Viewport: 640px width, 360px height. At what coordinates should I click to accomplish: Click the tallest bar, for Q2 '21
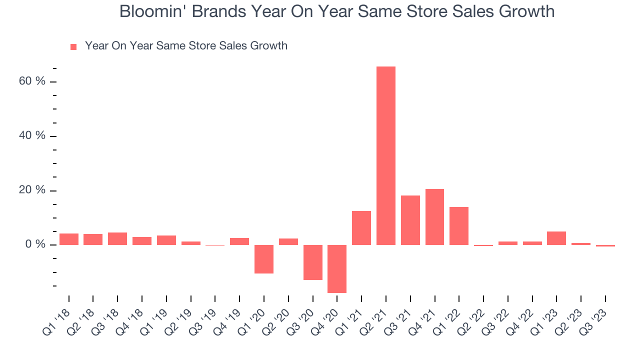coord(386,155)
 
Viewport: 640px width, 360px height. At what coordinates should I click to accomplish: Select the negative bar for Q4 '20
coord(337,268)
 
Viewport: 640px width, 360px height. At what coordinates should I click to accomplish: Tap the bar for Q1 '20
coord(264,259)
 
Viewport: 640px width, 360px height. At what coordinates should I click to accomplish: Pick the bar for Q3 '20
coord(313,262)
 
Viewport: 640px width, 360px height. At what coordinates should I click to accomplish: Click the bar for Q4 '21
coord(434,217)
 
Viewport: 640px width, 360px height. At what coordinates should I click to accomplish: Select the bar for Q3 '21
coord(410,220)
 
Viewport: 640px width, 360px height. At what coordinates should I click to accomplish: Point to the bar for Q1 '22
coord(459,226)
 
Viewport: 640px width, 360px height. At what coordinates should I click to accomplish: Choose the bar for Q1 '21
coord(361,228)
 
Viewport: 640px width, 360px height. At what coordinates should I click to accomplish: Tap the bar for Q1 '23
coord(556,238)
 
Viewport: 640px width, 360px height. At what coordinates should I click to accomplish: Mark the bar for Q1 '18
coord(69,239)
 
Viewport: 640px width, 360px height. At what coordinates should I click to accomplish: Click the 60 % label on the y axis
coord(32,81)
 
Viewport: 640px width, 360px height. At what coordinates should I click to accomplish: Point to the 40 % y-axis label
coord(32,136)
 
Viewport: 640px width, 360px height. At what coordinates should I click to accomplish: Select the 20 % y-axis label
coord(32,190)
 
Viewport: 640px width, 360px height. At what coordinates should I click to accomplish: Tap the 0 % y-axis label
coord(35,245)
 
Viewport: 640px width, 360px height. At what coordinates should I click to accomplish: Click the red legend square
coord(73,46)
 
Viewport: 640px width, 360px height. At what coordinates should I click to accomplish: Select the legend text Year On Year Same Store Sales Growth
coord(186,46)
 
